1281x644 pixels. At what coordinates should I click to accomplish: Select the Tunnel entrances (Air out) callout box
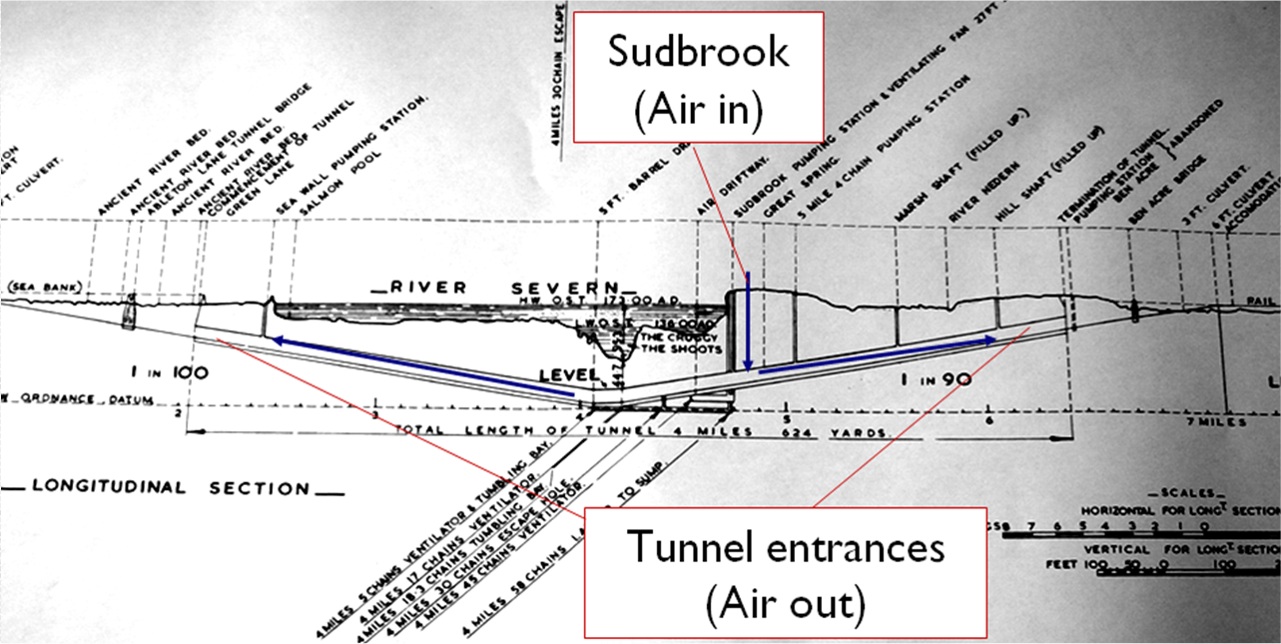tap(787, 572)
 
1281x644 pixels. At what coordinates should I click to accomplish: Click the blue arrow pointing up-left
tap(420, 369)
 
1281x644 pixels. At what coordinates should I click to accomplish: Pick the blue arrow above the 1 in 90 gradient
tap(877, 354)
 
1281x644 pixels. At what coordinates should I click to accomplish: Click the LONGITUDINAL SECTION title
tap(172, 488)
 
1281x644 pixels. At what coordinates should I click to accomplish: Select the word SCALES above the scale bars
tap(1188, 493)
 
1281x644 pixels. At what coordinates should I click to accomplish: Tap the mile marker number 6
tap(986, 419)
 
